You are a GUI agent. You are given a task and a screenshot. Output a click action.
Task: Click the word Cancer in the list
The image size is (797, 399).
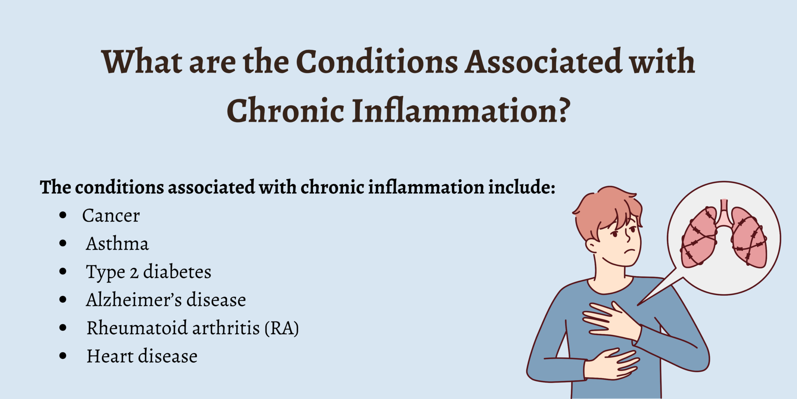tap(111, 215)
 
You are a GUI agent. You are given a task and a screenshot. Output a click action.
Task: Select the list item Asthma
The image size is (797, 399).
tap(117, 244)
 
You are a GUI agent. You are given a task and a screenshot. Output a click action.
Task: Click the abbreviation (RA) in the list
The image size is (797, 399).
tap(281, 328)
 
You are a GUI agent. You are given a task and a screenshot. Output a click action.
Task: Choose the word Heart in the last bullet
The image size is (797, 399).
tap(110, 356)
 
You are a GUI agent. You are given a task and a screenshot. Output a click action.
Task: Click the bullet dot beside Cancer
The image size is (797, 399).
tap(63, 215)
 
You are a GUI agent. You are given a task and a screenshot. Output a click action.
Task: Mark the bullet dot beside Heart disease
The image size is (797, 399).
tap(63, 356)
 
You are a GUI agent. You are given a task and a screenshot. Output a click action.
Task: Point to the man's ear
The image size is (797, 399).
tap(592, 245)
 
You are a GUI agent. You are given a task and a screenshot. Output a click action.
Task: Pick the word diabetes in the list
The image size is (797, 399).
tap(177, 272)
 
